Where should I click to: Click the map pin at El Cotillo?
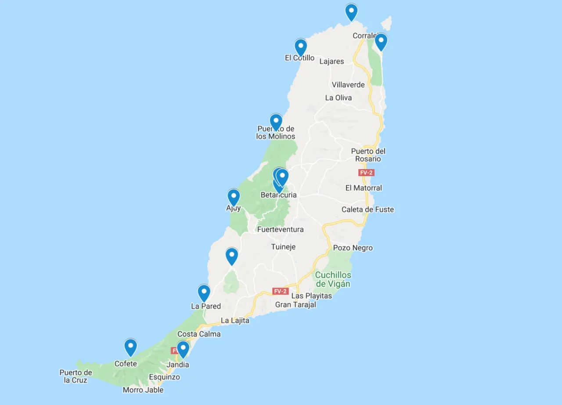pos(300,47)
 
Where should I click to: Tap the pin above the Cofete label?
pos(130,347)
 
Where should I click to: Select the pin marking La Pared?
pos(204,293)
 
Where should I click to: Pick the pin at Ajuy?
pos(234,197)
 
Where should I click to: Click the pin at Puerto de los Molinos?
pos(276,122)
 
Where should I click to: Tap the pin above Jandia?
pos(183,349)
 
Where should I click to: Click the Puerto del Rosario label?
pos(368,155)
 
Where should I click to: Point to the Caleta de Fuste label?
pos(367,210)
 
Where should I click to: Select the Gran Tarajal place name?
pos(295,304)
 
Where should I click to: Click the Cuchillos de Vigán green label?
pos(333,279)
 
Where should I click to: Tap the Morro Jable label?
pos(143,390)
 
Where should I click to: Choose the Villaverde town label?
pos(348,84)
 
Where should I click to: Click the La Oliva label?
pos(338,98)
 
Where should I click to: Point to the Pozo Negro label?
pos(353,248)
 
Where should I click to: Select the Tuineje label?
pos(283,247)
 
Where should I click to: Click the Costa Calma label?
pos(199,334)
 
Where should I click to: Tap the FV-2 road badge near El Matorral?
pos(366,173)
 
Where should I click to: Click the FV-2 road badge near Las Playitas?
pos(280,291)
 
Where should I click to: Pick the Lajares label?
pos(331,61)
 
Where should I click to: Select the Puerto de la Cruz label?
pos(76,376)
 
